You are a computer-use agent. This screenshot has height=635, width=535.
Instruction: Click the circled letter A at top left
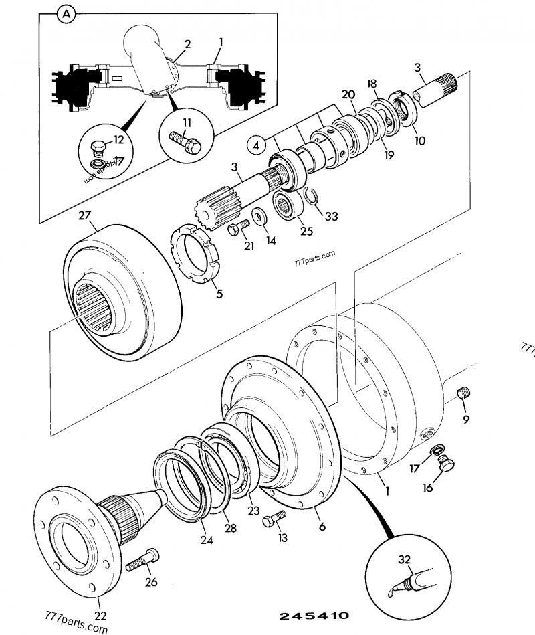(x=65, y=13)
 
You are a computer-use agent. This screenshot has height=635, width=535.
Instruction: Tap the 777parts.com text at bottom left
(x=75, y=624)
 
